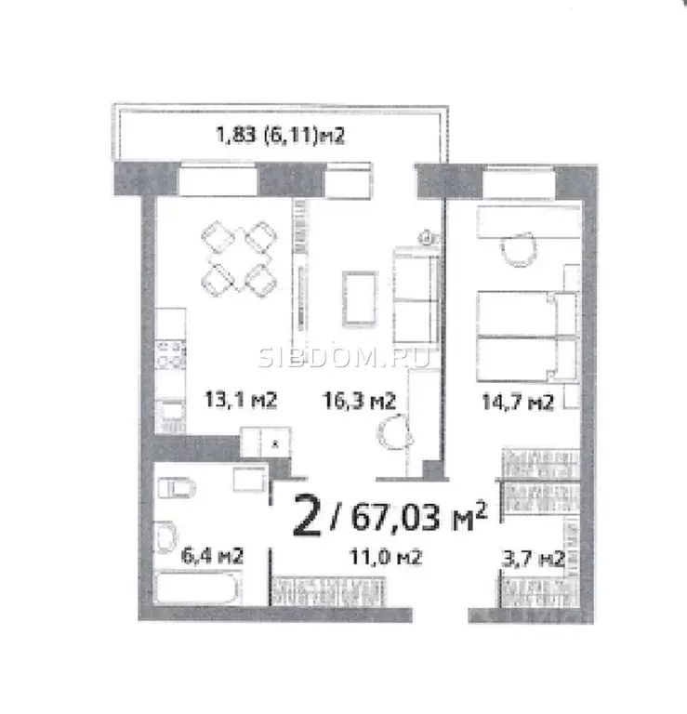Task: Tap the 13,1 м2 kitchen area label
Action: point(242,401)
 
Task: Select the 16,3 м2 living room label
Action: point(360,401)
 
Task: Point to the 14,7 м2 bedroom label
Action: point(517,403)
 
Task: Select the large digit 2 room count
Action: point(309,517)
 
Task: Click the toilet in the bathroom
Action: point(178,487)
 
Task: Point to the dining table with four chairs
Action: point(238,254)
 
